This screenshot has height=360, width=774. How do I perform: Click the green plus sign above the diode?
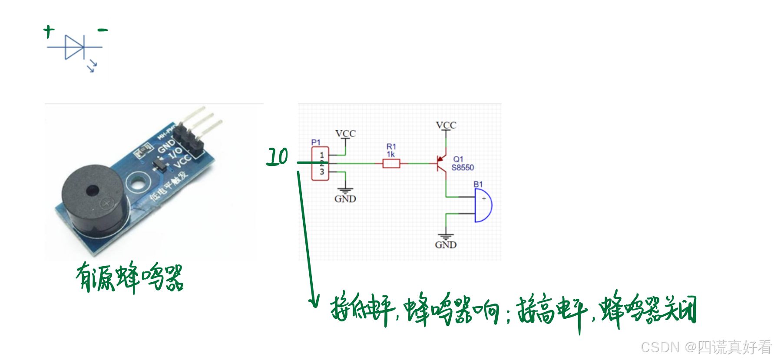tap(49, 31)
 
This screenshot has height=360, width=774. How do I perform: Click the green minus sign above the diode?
tap(103, 30)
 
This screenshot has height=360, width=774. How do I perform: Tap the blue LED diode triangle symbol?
tap(74, 47)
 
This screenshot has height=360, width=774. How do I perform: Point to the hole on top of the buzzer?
tap(93, 191)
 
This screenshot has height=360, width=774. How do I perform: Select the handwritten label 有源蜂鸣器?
tap(129, 277)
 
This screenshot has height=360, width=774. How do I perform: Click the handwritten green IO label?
tap(277, 157)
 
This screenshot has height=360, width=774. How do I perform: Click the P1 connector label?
tap(316, 142)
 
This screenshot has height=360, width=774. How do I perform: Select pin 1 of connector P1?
tap(321, 155)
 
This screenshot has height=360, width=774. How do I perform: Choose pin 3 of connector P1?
tap(321, 172)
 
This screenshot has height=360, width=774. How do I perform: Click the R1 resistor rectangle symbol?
tap(391, 164)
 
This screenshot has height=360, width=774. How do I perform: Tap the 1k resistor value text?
tap(391, 155)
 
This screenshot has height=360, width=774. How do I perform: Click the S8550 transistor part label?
tap(463, 168)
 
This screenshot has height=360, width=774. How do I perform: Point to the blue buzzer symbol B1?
tap(483, 205)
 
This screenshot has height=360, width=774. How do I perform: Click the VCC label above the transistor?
tap(446, 126)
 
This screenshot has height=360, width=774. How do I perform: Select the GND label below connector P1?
tap(345, 199)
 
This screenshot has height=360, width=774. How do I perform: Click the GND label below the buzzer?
tap(446, 245)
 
